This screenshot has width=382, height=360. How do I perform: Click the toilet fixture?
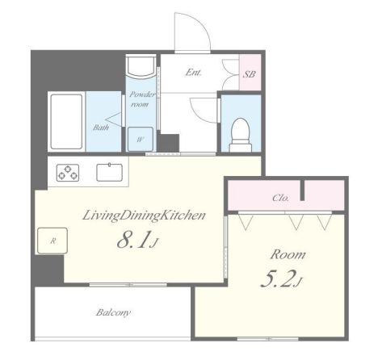coord(241,135)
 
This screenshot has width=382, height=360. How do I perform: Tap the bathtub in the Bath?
coord(66,121)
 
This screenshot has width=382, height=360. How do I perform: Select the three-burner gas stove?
coord(68,173)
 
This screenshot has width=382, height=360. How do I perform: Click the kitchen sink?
coord(109,172)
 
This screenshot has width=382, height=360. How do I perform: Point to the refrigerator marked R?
coord(52,241)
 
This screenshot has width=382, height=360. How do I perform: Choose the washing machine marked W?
coord(141,139)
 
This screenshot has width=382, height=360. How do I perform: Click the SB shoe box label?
coord(250,74)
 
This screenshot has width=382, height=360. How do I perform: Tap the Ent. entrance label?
coord(194,73)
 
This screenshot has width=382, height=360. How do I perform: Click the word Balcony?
coord(113,312)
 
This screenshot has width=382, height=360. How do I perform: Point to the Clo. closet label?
coord(280,198)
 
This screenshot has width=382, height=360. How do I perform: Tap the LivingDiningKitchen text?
coord(144,216)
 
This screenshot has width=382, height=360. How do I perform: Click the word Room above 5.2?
coord(288,254)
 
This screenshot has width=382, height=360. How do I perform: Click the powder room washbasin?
coord(141,66)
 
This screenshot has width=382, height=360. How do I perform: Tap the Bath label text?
coord(101,128)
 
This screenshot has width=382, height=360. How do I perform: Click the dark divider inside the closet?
coord(302,190)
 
